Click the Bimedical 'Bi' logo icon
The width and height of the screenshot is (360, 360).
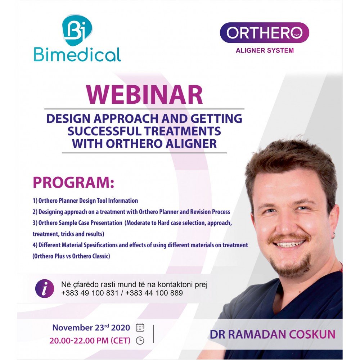tap(77, 30)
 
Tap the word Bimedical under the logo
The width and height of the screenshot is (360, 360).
tap(77, 55)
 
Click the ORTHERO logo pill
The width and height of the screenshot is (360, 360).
tap(265, 33)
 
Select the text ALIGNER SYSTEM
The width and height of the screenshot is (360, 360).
tap(265, 50)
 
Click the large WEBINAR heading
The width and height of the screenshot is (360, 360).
tap(144, 95)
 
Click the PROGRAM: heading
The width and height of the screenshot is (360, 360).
tap(73, 183)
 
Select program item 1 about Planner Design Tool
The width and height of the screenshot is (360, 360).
tap(85, 201)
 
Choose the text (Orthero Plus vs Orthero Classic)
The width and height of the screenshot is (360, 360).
tap(71, 256)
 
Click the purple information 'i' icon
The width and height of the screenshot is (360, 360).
tap(45, 289)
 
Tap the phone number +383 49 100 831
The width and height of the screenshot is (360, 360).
tap(90, 293)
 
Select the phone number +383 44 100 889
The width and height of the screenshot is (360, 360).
tap(154, 293)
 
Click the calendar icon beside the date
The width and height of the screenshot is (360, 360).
tap(140, 327)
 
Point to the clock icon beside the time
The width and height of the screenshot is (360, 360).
tap(140, 341)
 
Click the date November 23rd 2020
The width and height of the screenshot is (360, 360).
tap(91, 328)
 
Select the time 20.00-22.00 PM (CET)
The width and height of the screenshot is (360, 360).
tap(90, 341)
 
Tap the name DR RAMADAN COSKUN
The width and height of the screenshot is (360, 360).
tap(273, 334)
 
